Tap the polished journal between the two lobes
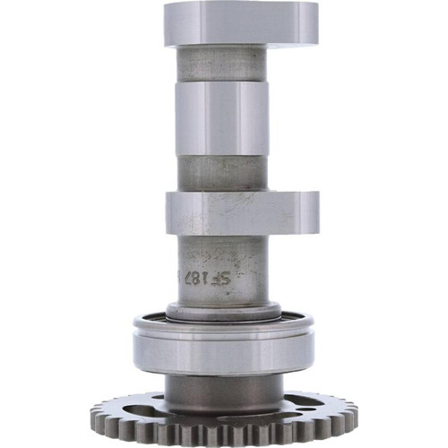(221, 118)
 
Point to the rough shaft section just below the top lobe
(221, 63)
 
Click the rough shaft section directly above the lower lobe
(221, 174)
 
